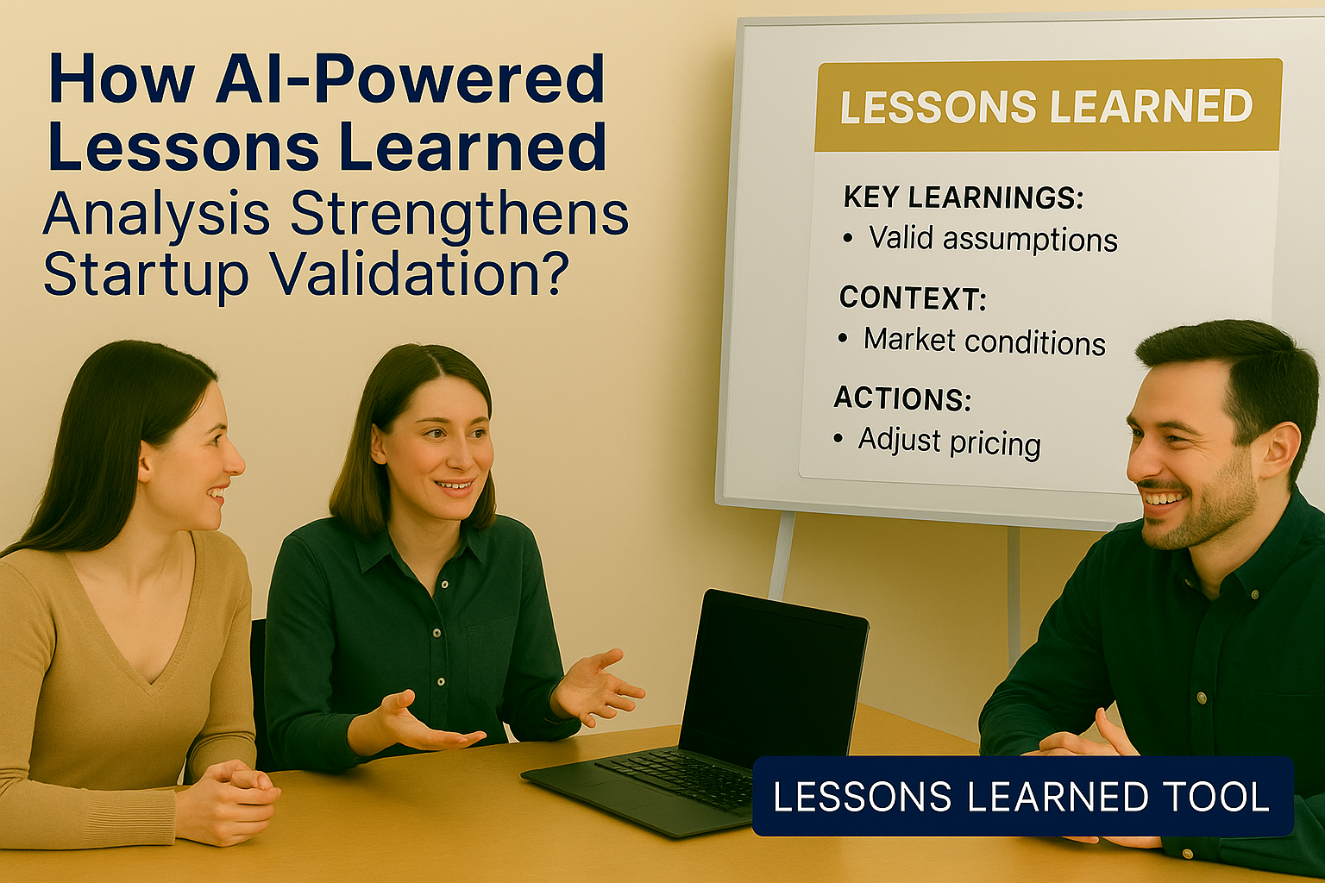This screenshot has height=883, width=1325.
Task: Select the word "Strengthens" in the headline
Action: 460,214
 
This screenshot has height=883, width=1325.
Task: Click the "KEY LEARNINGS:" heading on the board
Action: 963,197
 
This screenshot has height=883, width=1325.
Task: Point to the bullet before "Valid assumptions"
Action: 848,238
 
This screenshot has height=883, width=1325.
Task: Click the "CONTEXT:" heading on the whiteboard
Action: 912,298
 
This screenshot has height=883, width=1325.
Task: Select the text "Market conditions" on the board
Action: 984,341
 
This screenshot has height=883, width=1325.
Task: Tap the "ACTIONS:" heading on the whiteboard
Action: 902,398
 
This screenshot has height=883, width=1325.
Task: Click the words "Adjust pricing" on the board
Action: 949,441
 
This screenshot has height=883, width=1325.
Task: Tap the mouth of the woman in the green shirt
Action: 455,486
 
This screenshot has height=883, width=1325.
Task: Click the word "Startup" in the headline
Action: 146,272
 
